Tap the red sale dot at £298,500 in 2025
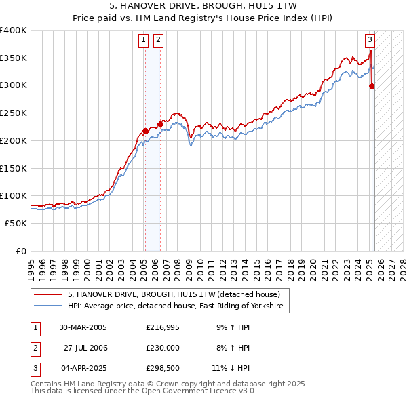pyautogui.click(x=372, y=86)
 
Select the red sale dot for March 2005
pyautogui.click(x=145, y=131)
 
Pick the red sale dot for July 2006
pyautogui.click(x=160, y=124)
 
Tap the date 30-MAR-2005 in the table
pyautogui.click(x=83, y=327)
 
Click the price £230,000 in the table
pyautogui.click(x=163, y=348)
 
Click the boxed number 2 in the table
pyautogui.click(x=34, y=348)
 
